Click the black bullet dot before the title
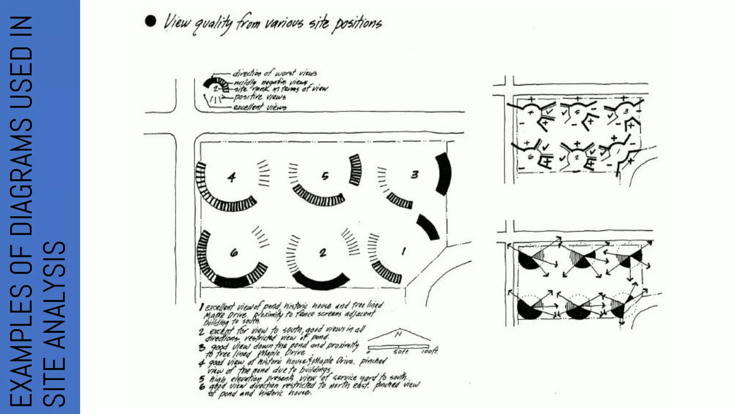[x=151, y=21]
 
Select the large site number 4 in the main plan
[x=232, y=177]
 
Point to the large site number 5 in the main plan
[x=325, y=176]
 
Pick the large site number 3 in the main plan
[x=415, y=175]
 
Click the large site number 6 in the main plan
[x=234, y=253]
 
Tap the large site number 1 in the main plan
[x=404, y=251]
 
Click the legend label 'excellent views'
[x=260, y=107]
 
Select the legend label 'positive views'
[x=260, y=97]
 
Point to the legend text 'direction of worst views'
[x=275, y=73]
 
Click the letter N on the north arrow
[x=398, y=335]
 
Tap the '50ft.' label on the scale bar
[x=401, y=351]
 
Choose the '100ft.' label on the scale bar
[x=429, y=351]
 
